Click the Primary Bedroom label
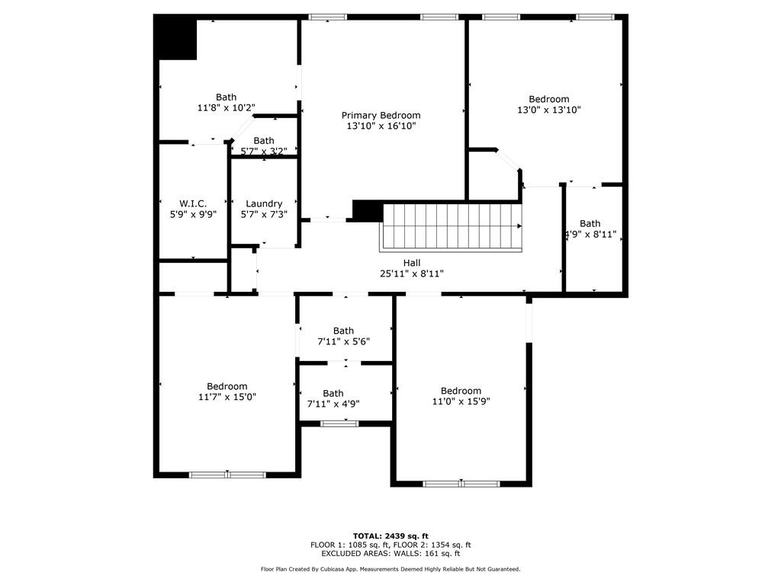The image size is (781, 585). [x=381, y=115]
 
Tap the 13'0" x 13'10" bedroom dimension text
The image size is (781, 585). [x=548, y=110]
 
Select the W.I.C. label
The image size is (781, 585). [x=193, y=203]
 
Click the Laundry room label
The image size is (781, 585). [x=264, y=203]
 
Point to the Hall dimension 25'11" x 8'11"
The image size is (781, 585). [x=411, y=273]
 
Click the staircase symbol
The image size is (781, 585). [x=451, y=226]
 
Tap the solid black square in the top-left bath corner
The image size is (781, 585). [x=176, y=39]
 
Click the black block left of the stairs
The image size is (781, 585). [x=368, y=211]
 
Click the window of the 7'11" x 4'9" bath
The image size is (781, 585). [x=339, y=423]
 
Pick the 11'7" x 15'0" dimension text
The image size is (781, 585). [x=227, y=397]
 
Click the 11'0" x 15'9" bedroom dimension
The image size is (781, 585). [x=461, y=401]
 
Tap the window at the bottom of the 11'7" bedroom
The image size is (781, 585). [x=227, y=475]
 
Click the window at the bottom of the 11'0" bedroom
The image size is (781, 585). [x=461, y=483]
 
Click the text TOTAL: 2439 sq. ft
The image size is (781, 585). [x=390, y=535]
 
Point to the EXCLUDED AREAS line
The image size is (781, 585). [x=390, y=554]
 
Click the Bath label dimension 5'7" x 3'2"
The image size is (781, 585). [x=263, y=151]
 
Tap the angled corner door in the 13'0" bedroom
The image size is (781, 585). [x=509, y=161]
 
